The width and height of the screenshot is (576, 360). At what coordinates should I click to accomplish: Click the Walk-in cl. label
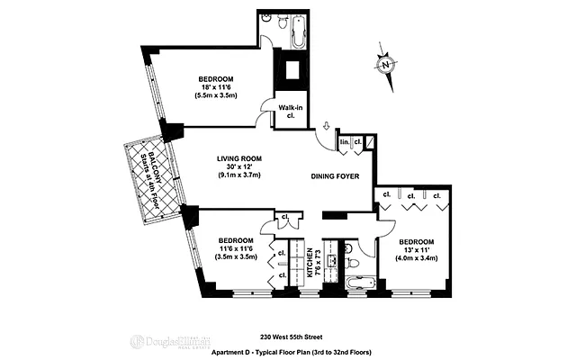pyautogui.click(x=289, y=111)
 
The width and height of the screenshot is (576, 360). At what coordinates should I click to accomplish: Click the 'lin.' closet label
pyautogui.click(x=345, y=141)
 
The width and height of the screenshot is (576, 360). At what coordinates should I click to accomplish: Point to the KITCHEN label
pyautogui.click(x=309, y=261)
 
